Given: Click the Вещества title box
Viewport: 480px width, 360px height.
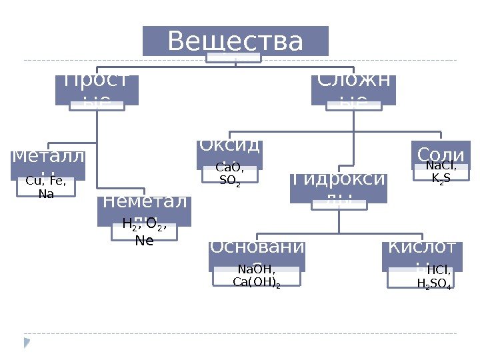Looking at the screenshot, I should pyautogui.click(x=235, y=41).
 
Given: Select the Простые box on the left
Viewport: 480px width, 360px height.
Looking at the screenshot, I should pyautogui.click(x=97, y=89).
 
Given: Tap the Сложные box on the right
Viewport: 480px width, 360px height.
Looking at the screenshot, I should pyautogui.click(x=353, y=89).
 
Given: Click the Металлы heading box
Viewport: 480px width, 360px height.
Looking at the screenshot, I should pyautogui.click(x=47, y=160).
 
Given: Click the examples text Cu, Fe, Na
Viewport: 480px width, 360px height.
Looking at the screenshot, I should pyautogui.click(x=45, y=187).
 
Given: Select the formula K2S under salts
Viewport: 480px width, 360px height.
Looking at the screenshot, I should pyautogui.click(x=441, y=179).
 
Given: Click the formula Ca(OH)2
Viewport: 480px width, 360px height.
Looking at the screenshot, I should pyautogui.click(x=257, y=283).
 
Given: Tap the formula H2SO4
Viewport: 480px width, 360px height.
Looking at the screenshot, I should pyautogui.click(x=434, y=285).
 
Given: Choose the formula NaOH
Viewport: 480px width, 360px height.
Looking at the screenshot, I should pyautogui.click(x=256, y=270).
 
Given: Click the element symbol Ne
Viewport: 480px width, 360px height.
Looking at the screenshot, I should pyautogui.click(x=144, y=241).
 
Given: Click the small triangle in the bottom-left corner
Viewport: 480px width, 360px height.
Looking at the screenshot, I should pyautogui.click(x=27, y=343).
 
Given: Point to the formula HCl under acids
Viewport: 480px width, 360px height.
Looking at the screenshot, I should pyautogui.click(x=439, y=271).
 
